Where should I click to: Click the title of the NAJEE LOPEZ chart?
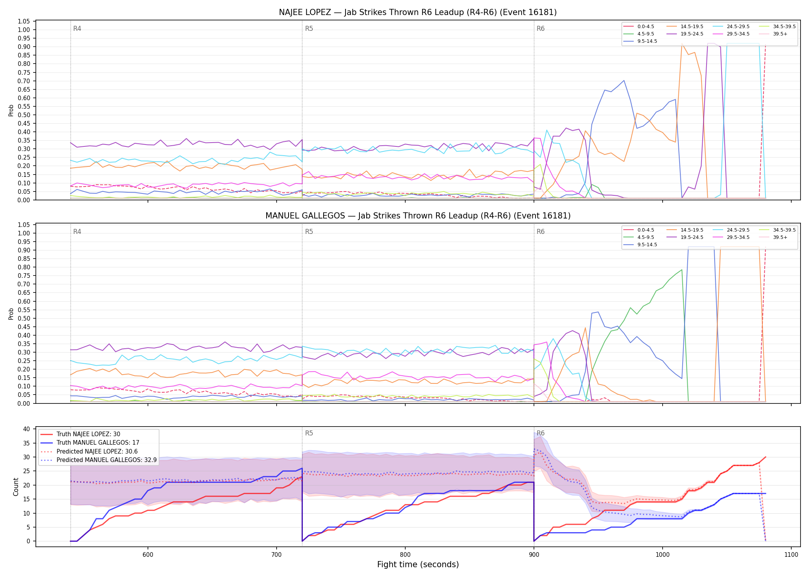(418, 12)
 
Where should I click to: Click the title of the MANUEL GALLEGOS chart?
(418, 216)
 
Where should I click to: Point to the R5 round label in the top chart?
(309, 29)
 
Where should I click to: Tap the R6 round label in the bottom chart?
(540, 433)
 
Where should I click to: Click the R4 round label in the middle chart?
(77, 232)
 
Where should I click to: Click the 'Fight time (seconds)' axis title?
(418, 565)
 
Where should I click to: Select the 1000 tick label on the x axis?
(663, 554)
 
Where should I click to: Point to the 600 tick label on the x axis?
(148, 554)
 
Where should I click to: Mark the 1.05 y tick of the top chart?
(24, 21)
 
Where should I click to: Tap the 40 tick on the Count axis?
(27, 429)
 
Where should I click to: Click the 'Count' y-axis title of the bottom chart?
(16, 487)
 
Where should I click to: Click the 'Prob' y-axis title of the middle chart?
(11, 314)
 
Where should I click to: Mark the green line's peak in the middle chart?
(682, 270)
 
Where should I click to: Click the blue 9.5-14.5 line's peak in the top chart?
(624, 81)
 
